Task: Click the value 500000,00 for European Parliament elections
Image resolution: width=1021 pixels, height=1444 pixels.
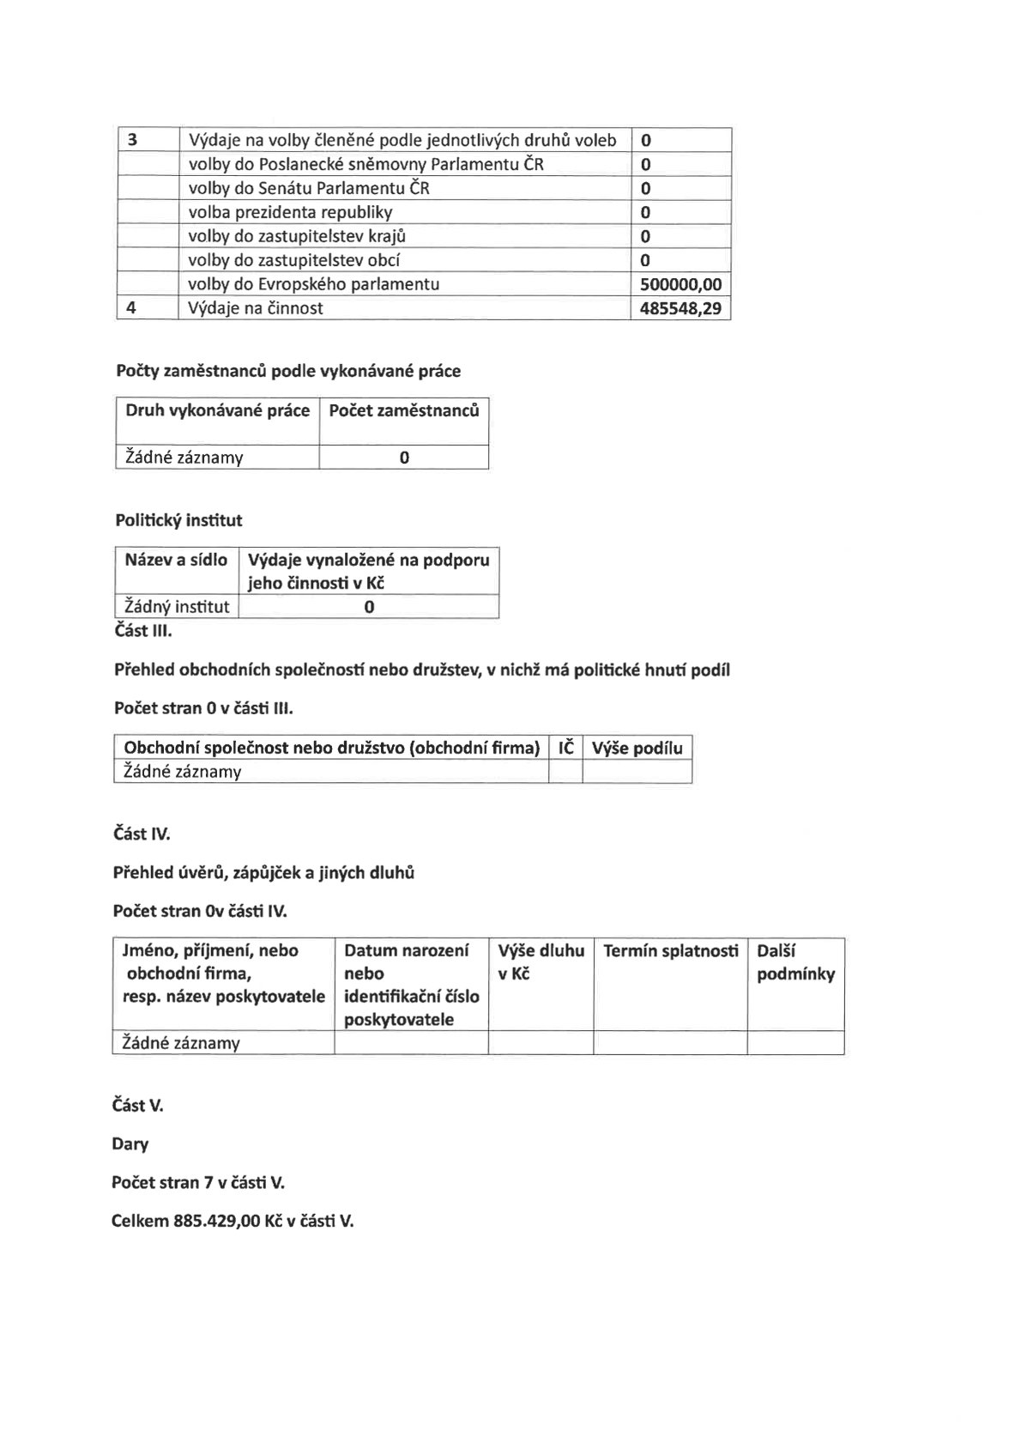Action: (681, 284)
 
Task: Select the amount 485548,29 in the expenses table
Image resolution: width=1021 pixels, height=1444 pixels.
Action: (681, 308)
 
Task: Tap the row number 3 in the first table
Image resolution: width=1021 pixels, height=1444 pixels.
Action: (132, 140)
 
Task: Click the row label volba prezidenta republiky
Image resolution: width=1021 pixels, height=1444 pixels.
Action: (290, 212)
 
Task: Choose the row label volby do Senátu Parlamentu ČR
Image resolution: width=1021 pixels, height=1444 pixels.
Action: (309, 188)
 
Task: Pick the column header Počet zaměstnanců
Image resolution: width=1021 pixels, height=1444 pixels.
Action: (403, 410)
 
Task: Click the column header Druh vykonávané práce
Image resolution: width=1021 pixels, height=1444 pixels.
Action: (217, 410)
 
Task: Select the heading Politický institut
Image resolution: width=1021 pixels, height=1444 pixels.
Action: (178, 520)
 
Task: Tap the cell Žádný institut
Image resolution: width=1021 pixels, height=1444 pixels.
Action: (177, 607)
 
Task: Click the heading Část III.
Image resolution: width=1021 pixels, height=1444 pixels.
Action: (142, 630)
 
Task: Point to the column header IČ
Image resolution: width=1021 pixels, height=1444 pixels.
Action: (565, 748)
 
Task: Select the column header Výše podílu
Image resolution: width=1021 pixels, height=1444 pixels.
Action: (637, 748)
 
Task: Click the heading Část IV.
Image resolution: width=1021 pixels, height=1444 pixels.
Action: (142, 833)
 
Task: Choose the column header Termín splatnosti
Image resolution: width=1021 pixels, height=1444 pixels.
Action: (670, 950)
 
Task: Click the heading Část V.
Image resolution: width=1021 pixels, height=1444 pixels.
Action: (137, 1105)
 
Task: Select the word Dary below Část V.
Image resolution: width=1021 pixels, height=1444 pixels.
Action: (130, 1144)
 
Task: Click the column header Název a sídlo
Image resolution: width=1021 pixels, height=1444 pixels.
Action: (176, 560)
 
